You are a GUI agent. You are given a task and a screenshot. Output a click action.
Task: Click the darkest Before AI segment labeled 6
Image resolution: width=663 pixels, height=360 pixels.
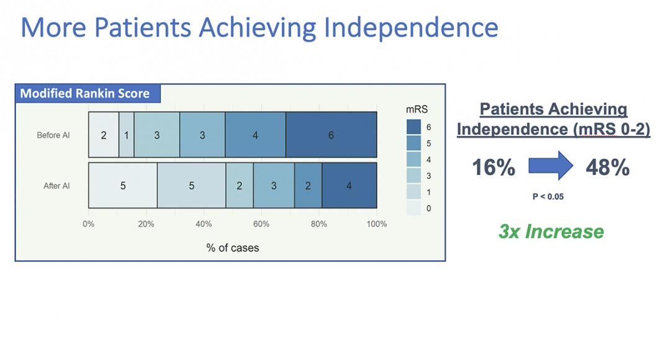click(x=331, y=135)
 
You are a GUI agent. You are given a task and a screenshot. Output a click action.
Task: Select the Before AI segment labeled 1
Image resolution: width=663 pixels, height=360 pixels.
click(x=127, y=135)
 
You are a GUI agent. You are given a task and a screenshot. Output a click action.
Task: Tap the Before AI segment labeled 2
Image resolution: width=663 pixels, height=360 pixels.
click(x=104, y=135)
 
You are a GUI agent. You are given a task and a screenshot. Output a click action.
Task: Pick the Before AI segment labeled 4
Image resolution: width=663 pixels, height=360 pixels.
click(x=255, y=135)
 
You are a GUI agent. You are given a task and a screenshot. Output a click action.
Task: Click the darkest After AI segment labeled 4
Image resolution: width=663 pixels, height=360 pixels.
click(x=350, y=186)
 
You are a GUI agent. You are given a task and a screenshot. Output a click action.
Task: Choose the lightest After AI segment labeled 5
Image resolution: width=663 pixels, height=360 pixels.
click(x=123, y=186)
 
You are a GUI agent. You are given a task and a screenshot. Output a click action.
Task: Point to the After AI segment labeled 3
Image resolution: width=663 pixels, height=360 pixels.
click(x=274, y=186)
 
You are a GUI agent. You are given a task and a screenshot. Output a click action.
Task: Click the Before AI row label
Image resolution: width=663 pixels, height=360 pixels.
click(x=53, y=135)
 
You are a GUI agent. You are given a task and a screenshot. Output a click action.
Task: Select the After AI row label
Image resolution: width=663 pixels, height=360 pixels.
click(x=56, y=186)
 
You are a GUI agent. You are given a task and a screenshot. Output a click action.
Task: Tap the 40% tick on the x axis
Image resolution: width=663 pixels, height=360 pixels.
click(x=204, y=224)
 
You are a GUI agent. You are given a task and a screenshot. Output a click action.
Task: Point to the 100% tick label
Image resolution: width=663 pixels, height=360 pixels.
click(x=377, y=224)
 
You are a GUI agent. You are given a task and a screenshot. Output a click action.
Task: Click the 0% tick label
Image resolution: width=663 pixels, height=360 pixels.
click(x=88, y=224)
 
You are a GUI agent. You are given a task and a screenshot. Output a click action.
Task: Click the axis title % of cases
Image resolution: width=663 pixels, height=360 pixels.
click(x=233, y=248)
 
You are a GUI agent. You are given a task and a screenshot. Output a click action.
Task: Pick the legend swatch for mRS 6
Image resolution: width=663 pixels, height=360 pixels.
click(x=414, y=127)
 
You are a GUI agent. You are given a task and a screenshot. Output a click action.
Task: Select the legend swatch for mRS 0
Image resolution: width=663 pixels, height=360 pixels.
click(x=414, y=208)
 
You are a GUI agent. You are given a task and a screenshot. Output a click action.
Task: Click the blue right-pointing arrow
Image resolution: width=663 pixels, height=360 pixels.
click(x=551, y=166)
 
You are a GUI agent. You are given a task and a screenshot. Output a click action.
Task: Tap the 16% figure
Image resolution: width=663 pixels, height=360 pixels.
click(x=494, y=168)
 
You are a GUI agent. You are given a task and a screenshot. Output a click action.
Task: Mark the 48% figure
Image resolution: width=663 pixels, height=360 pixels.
click(x=608, y=168)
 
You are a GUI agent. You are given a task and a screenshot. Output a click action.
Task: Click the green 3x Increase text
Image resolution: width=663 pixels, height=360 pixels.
click(x=551, y=232)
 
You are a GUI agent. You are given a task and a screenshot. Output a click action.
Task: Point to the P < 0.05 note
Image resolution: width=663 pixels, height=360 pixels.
click(x=548, y=197)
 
